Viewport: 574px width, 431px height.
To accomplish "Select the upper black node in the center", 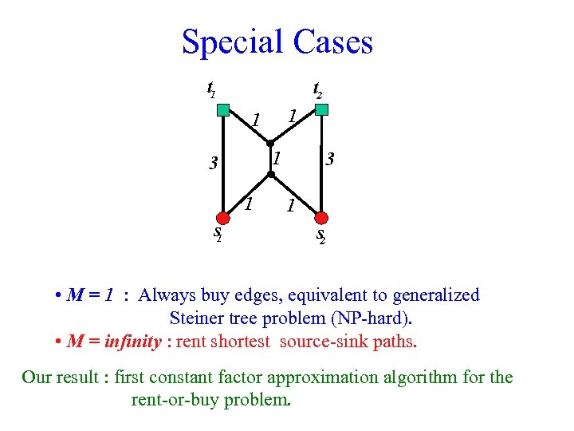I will pos(270,143).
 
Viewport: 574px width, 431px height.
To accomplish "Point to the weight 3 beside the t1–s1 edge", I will pos(212,165).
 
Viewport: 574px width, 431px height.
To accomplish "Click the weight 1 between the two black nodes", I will pos(276,158).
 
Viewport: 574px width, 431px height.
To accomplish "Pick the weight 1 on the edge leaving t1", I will pos(255,121).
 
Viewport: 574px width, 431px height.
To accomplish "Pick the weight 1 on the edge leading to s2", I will pos(291,206).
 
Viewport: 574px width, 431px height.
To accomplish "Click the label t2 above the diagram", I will pos(316,89).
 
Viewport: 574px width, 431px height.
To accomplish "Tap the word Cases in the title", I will pos(333,42).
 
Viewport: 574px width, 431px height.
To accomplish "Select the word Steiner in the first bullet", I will pos(199,318).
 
